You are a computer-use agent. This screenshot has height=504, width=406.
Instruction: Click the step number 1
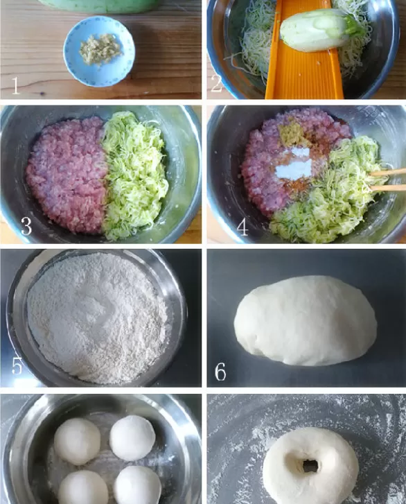15,85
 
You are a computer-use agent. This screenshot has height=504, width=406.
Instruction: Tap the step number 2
216,84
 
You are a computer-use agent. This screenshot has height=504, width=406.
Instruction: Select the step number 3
26,225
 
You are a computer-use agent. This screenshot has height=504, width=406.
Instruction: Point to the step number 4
242,227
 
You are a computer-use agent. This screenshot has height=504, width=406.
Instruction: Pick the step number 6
220,372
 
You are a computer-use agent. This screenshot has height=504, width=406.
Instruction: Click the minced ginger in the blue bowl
100,49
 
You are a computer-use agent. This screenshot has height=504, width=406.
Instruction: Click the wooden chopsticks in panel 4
387,180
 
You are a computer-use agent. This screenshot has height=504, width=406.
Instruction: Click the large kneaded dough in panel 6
305,321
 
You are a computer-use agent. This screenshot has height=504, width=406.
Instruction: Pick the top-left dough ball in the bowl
77,442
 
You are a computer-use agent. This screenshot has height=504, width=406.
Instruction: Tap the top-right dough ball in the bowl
132,437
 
